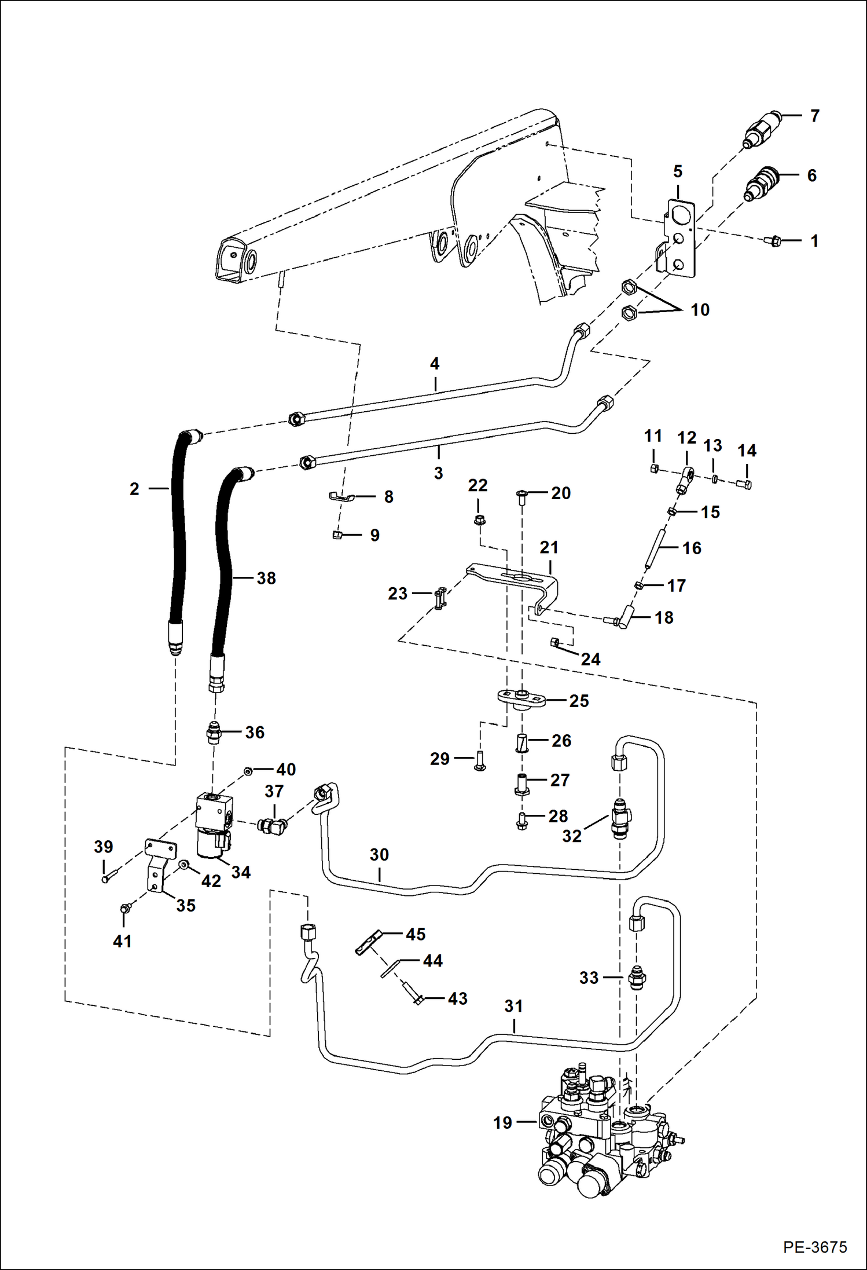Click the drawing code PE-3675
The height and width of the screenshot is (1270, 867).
pos(815,1247)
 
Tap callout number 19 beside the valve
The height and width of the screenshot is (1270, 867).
pos(502,1122)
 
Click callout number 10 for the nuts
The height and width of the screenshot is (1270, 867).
pos(700,310)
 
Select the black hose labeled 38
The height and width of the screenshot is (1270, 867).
pos(223,573)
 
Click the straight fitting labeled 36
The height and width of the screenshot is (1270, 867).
pos(214,734)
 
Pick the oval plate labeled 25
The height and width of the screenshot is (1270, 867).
pos(521,698)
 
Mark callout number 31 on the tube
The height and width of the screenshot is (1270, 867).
pos(513,1006)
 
